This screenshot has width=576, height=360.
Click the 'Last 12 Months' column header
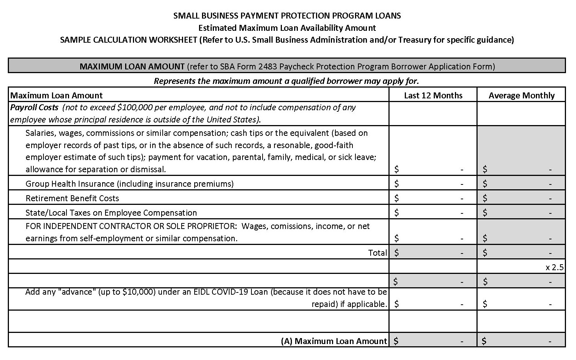click(433, 95)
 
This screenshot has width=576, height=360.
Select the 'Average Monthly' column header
click(521, 95)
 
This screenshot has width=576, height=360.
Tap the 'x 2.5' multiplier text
click(554, 267)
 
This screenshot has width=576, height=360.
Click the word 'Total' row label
click(377, 253)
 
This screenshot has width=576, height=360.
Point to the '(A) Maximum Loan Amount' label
click(334, 341)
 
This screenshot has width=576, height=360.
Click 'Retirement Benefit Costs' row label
click(72, 198)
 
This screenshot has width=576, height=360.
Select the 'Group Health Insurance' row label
click(70, 184)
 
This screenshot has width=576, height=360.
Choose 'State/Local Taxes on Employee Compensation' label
click(111, 213)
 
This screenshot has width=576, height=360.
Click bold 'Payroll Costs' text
click(34, 107)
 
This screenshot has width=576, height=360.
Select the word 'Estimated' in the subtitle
click(217, 28)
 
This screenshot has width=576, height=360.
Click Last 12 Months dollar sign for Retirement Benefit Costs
click(397, 198)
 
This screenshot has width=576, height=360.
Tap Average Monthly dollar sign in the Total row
click(485, 253)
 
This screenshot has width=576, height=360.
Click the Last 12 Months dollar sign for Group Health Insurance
click(397, 184)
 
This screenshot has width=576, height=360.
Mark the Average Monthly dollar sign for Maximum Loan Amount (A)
click(484, 341)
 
